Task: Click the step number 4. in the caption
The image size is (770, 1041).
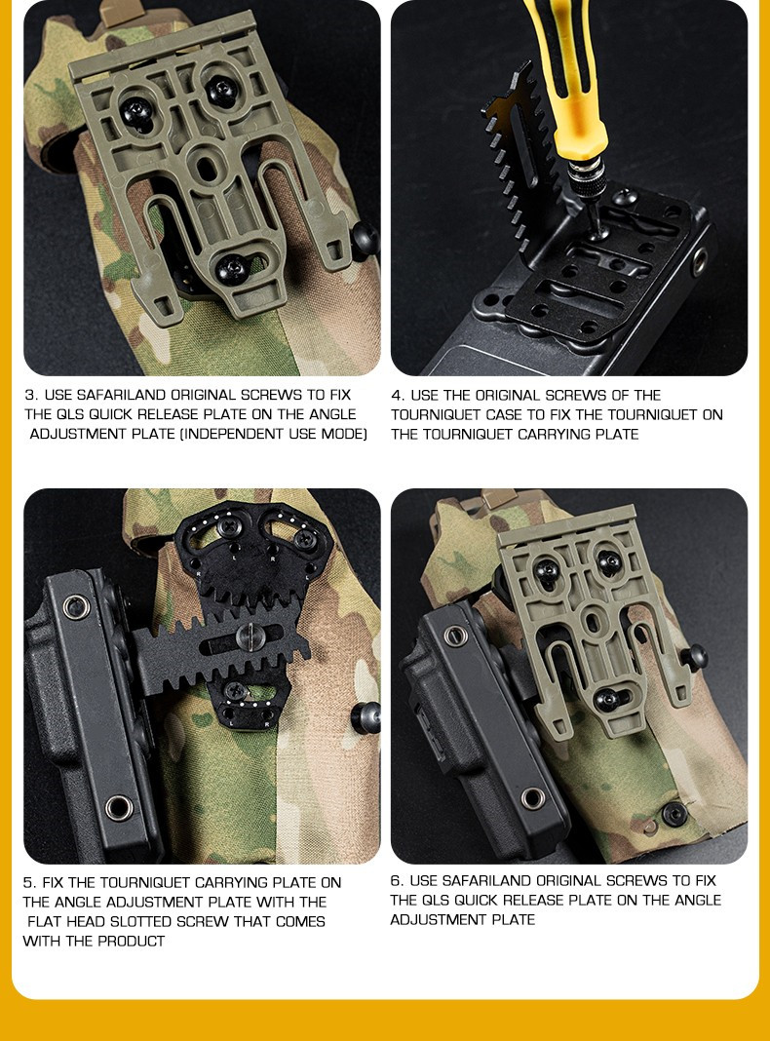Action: [398, 396]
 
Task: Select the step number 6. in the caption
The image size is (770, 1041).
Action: [397, 881]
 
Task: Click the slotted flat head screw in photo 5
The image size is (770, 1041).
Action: [250, 637]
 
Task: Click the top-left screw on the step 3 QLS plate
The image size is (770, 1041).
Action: [136, 112]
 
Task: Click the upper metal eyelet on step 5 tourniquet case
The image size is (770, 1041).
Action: [76, 606]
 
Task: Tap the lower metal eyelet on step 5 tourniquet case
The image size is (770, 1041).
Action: [119, 808]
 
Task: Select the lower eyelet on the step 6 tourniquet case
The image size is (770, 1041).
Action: [533, 798]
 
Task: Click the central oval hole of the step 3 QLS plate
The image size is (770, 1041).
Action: [207, 166]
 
